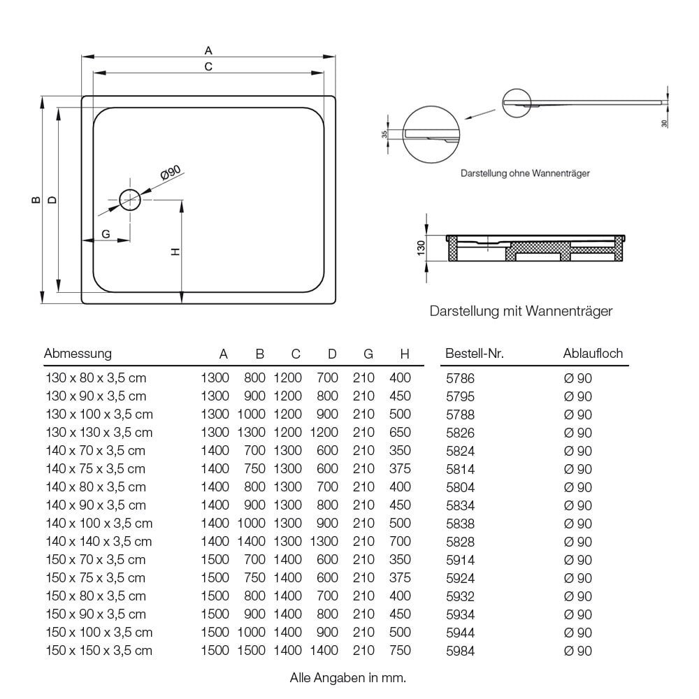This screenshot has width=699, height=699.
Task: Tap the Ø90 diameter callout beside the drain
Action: tap(171, 173)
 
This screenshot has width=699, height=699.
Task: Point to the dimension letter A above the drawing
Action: tap(208, 51)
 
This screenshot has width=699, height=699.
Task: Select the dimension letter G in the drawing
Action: tap(106, 234)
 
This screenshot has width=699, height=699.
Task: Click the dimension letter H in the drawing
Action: tap(175, 252)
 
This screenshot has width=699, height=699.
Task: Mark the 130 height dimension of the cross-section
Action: tap(421, 248)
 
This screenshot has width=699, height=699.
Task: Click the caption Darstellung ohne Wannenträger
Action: tap(525, 173)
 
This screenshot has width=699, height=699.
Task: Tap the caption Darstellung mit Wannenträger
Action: tap(521, 311)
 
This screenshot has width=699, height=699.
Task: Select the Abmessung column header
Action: tap(78, 354)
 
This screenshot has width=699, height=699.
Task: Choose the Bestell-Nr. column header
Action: tap(475, 354)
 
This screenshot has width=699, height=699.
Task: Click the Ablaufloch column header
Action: tap(593, 354)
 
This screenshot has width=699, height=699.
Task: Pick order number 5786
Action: tap(460, 378)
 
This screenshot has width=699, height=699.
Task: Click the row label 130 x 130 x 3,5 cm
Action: tap(99, 433)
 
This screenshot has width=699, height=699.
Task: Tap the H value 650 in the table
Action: tap(400, 433)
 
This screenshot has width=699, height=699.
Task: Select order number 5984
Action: tap(460, 651)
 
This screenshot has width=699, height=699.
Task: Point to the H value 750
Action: tap(400, 650)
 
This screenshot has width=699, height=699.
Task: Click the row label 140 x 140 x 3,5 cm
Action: tap(99, 542)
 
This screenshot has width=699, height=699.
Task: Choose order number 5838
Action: tap(460, 524)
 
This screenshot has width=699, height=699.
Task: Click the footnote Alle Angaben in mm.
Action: tap(347, 678)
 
